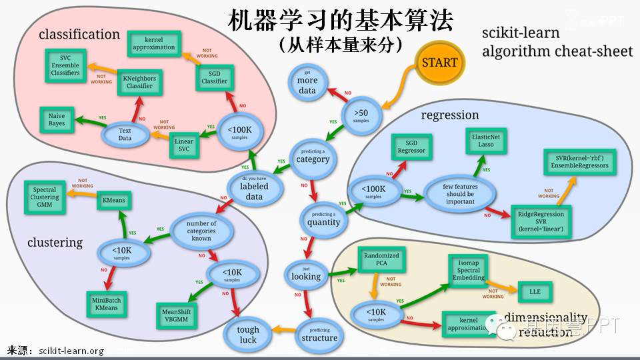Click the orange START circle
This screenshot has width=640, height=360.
[x=439, y=63]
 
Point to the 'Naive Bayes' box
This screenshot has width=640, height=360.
[x=57, y=120]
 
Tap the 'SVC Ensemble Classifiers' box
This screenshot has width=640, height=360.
[x=65, y=65]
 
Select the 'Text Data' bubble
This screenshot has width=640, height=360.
[x=125, y=135]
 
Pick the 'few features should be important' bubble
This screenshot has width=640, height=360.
[x=461, y=193]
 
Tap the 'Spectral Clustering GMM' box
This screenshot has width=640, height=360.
[x=45, y=198]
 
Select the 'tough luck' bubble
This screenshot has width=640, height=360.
[x=248, y=335]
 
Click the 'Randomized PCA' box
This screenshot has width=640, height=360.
[x=381, y=260]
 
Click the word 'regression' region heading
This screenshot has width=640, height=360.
[x=450, y=115]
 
